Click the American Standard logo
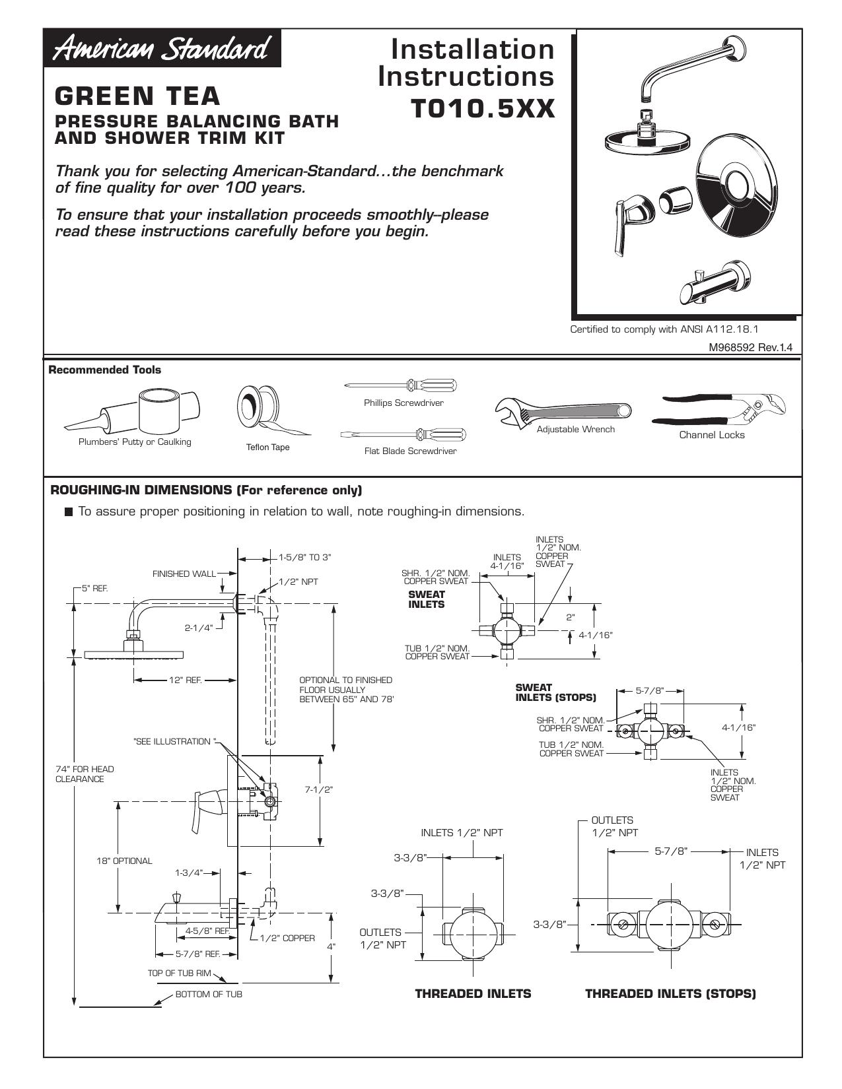[162, 49]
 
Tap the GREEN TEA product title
[137, 96]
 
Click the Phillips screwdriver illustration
[401, 385]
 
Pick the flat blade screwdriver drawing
[403, 434]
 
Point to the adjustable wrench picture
[563, 411]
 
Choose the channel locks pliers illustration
[719, 409]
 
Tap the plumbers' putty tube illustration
[132, 411]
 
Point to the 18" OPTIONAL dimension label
[124, 861]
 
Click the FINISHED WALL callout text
[184, 574]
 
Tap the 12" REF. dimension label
[186, 680]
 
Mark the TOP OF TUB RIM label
[179, 973]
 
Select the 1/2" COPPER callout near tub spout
[287, 938]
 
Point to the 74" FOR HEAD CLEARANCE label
[85, 774]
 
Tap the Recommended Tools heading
[104, 370]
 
